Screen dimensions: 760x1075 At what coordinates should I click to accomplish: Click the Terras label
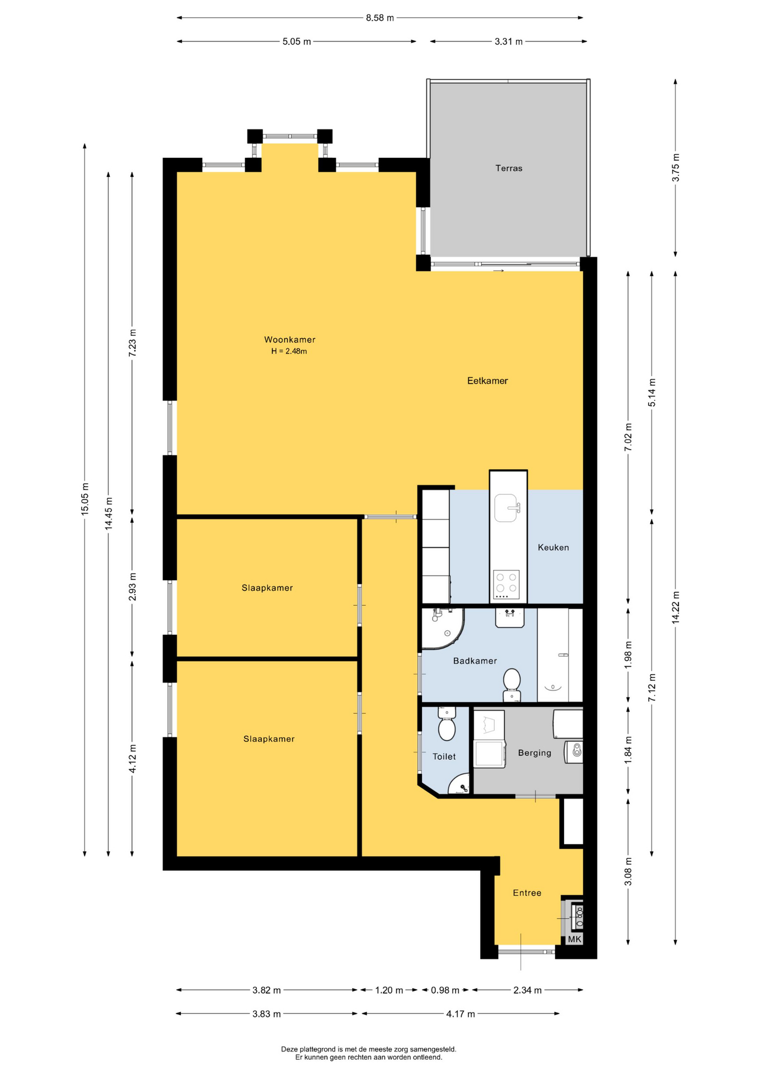tap(508, 168)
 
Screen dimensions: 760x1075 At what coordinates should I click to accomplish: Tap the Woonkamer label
tap(289, 339)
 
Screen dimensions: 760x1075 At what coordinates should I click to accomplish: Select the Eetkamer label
tap(487, 381)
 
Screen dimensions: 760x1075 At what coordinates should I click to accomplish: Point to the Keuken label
tap(553, 548)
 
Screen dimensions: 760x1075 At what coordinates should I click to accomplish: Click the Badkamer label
tap(475, 661)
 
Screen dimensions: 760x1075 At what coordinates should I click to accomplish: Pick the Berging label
tap(534, 753)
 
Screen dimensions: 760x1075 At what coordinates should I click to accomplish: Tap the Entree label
tap(527, 893)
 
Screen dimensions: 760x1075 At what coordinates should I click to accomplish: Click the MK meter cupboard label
tap(575, 939)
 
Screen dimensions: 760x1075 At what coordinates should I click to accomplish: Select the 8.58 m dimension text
tap(380, 18)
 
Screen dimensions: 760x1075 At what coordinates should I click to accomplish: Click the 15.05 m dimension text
tap(85, 499)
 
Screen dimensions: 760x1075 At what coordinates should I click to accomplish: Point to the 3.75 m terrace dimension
tap(675, 167)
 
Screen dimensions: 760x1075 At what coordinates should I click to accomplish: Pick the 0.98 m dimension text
tap(445, 990)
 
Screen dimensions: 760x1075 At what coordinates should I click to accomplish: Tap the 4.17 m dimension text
tap(461, 1014)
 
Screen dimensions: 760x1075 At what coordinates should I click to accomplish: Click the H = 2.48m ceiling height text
tap(289, 352)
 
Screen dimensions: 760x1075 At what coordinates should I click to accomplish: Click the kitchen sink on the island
tap(507, 508)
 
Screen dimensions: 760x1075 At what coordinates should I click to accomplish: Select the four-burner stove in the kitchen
tap(506, 582)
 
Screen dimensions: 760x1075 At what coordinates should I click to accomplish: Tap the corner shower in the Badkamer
tap(442, 629)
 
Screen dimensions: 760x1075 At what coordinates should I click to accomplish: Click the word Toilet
tap(444, 756)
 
